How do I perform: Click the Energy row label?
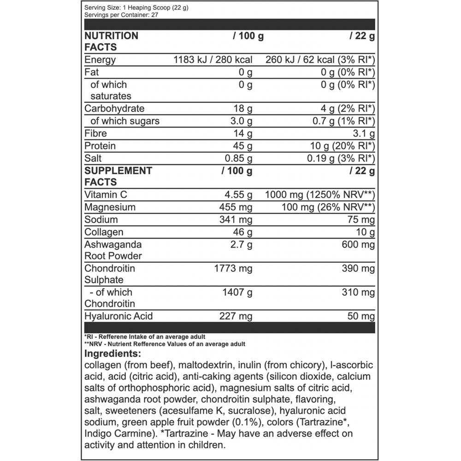click(100, 60)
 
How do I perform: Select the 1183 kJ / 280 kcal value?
click(213, 60)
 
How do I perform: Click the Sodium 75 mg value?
click(362, 220)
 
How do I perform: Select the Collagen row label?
click(104, 232)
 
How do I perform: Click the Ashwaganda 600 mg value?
click(358, 244)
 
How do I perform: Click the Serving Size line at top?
click(136, 8)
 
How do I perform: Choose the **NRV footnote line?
click(165, 344)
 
